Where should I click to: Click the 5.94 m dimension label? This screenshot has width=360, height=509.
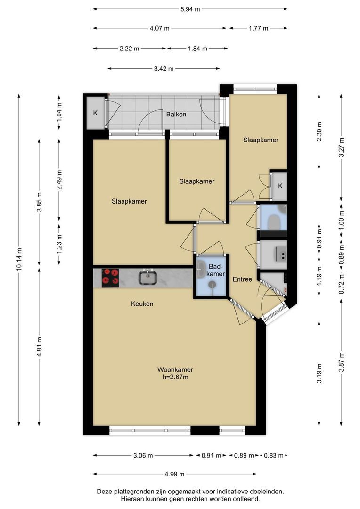coord(190,9)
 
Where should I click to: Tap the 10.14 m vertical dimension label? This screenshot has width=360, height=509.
coord(19,259)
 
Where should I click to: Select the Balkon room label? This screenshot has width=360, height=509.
coord(176,114)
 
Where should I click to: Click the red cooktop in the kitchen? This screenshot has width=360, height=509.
coord(110,278)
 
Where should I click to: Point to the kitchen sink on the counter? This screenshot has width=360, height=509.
coord(148,278)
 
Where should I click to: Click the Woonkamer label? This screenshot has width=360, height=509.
coord(175,370)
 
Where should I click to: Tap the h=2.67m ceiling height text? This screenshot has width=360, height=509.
coord(175,377)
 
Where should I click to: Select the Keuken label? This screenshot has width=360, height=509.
coord(142,304)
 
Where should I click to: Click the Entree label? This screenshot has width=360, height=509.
coord(243,279)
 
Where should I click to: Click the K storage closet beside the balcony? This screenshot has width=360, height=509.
coord(96,113)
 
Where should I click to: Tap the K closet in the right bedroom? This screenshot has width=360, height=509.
coord(280,186)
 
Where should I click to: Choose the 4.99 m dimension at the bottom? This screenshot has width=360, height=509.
coord(175,474)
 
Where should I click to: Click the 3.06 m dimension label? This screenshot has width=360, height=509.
coord(143,455)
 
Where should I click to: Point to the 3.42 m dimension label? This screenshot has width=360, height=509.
coord(164,68)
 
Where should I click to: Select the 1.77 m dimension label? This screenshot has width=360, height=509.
coord(259,28)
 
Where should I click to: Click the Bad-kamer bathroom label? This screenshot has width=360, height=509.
coord(217,270)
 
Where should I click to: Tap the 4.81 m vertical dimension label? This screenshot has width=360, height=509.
coord(39,347)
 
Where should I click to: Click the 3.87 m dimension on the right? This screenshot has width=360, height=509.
coord(341,362)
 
